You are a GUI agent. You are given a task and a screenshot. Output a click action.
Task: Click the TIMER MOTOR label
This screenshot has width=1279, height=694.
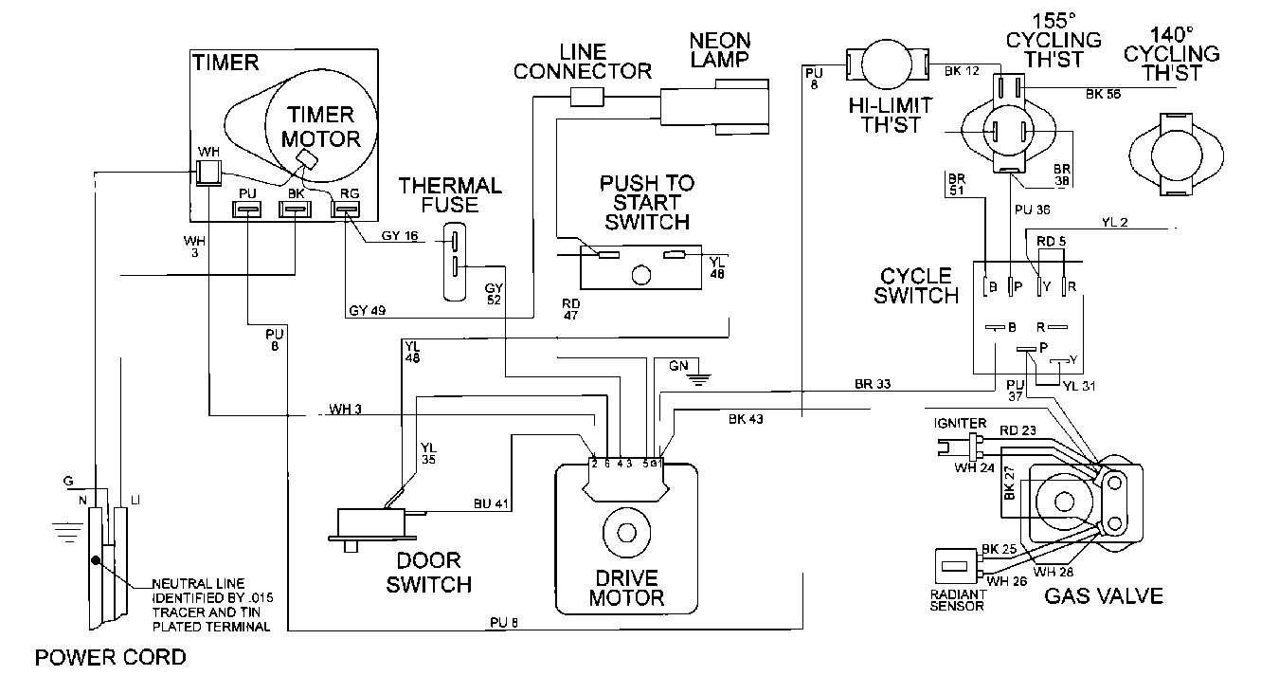[321, 127]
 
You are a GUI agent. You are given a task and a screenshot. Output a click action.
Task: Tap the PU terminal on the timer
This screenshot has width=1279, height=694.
[246, 210]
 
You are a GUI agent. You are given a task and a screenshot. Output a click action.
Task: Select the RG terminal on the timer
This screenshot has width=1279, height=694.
[346, 210]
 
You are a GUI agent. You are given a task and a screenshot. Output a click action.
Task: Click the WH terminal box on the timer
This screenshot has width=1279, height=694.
[208, 172]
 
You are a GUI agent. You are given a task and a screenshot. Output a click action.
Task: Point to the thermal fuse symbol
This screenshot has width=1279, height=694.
[455, 262]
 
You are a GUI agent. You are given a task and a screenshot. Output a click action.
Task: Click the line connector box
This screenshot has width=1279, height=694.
[587, 97]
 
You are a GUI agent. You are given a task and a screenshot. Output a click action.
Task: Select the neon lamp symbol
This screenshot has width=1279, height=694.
[715, 107]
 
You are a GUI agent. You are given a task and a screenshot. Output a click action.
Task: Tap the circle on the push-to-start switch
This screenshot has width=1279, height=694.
[641, 275]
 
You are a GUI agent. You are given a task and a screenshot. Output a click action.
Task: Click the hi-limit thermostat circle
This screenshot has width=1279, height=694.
[887, 64]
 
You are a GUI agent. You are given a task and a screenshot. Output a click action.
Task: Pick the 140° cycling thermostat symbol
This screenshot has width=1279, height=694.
[1177, 155]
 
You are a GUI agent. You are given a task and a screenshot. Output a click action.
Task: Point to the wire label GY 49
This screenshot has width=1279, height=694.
[368, 310]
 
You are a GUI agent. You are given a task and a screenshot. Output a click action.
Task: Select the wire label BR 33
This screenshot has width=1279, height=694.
[873, 384]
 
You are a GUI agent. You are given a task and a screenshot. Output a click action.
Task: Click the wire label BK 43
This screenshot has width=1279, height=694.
[746, 419]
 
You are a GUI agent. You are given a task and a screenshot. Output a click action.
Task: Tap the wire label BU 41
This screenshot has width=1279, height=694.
[491, 503]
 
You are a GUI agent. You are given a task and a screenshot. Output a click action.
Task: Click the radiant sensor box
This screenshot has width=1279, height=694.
[955, 566]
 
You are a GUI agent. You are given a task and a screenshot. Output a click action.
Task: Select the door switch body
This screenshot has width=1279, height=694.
[371, 522]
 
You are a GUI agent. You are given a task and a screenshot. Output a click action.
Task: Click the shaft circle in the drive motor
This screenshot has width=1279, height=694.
[626, 533]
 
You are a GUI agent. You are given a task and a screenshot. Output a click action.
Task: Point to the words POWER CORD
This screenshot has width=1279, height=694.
[111, 657]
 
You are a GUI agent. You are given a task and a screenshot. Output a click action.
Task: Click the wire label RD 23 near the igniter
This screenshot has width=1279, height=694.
[1018, 430]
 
